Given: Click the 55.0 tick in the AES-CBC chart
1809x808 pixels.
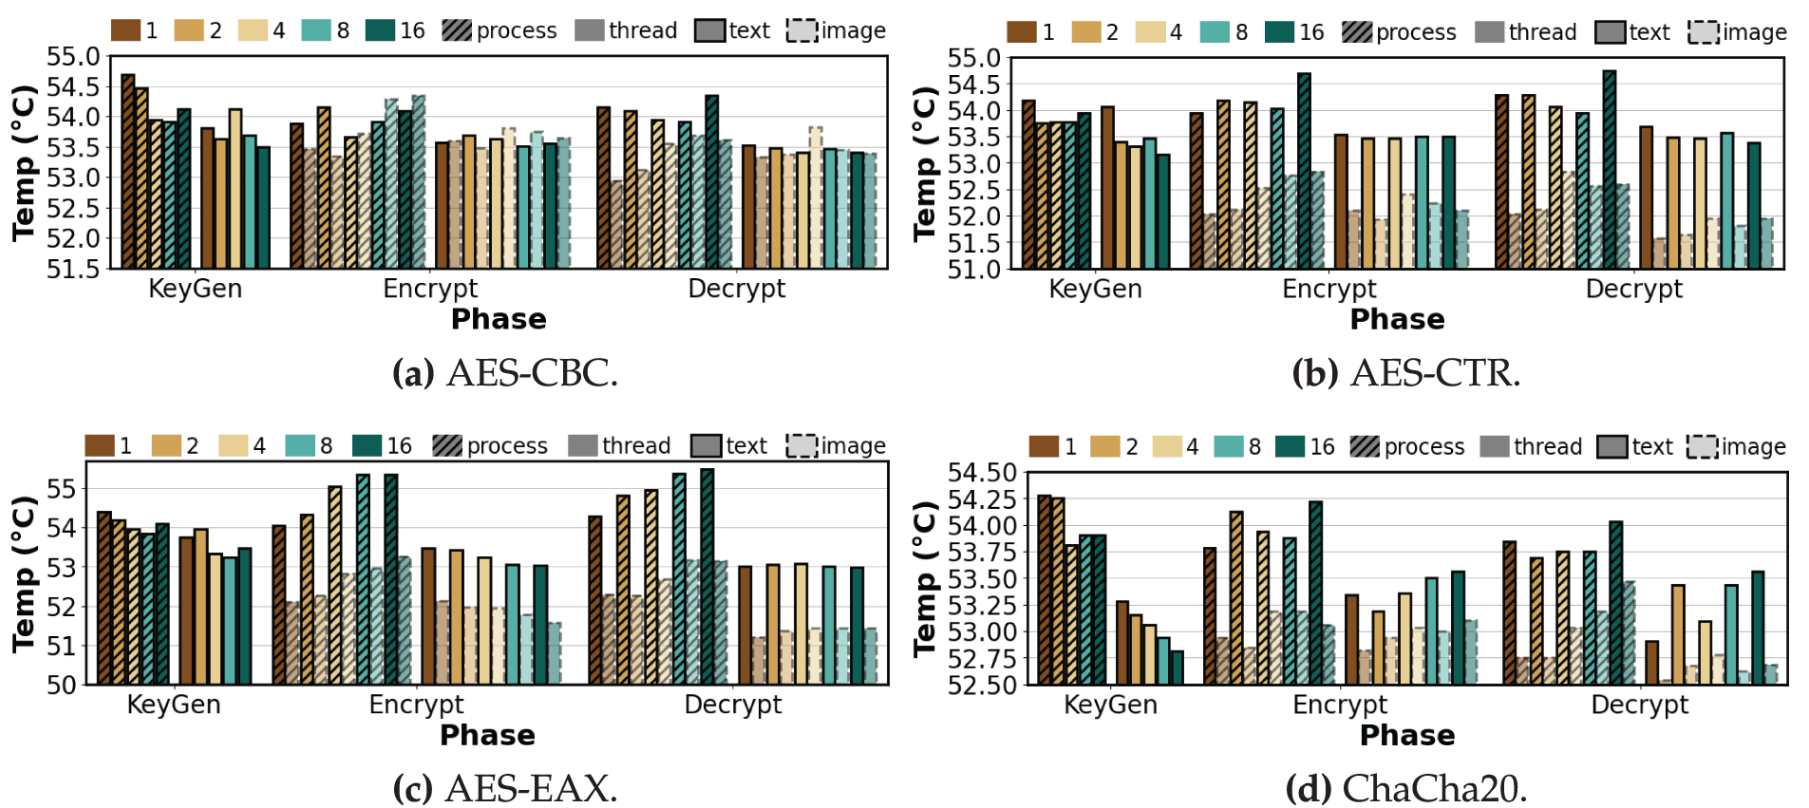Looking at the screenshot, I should point(73,57).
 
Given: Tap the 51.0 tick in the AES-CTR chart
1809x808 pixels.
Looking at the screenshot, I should point(973,270).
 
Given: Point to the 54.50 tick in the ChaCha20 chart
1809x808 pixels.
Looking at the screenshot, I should point(982,473).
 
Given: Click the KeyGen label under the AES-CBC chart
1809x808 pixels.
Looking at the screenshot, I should point(195,289).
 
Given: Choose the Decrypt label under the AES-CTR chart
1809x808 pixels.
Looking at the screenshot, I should point(1633,289).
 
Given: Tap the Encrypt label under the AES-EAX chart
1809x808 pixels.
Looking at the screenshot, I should point(416,705).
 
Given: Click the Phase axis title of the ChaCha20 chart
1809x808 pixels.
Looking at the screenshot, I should point(1406,735).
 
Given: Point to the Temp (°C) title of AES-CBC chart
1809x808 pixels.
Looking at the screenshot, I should point(24,162).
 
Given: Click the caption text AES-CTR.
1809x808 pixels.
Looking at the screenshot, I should point(1434,373).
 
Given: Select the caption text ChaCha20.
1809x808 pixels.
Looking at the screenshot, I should point(1433,789).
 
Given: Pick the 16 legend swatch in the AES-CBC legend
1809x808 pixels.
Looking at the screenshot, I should point(380,30).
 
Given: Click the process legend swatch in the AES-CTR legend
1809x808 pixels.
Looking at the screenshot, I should point(1357,32).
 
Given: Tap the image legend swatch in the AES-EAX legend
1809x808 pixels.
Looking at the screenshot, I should point(801,446).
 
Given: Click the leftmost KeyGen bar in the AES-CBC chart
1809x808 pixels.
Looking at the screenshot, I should point(128,171).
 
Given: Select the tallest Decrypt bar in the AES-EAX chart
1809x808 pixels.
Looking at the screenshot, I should point(707,576).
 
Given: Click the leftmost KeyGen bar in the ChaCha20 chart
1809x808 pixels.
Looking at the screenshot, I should point(1045,589).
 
